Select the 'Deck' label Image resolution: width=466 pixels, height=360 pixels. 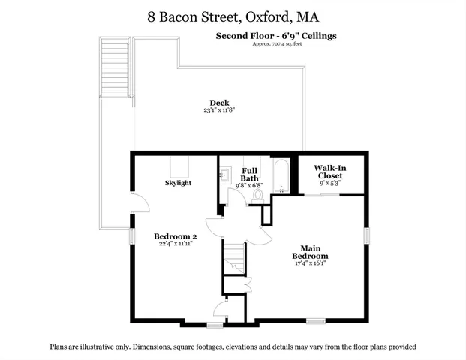[219, 103]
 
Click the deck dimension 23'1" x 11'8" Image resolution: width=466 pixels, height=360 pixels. [219, 111]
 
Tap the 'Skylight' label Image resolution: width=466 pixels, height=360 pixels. [179, 183]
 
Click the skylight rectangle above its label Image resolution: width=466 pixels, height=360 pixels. [179, 165]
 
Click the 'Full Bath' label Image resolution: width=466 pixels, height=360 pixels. [251, 174]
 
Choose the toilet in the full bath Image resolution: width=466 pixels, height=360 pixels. [258, 195]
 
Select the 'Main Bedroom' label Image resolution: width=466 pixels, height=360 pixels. [316, 252]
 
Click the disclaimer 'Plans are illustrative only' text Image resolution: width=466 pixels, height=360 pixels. [233, 346]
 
